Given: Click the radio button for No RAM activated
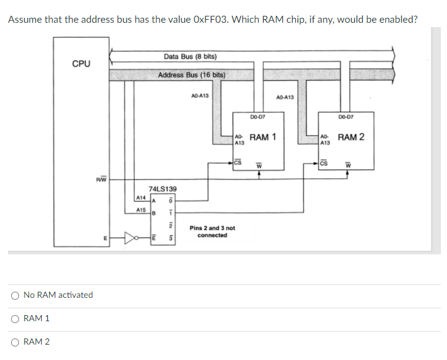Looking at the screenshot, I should [x=14, y=295].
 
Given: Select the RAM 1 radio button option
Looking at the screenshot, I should [x=14, y=319].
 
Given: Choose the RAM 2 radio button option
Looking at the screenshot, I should [x=14, y=342].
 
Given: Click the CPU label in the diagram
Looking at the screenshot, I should [x=81, y=63].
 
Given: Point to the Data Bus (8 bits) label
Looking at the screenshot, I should [x=190, y=57].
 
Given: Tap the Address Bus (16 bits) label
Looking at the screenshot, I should [x=191, y=75].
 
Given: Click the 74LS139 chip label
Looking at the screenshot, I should [x=163, y=188].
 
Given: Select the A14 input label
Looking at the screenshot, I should [x=140, y=198].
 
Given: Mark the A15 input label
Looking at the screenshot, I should [x=140, y=210].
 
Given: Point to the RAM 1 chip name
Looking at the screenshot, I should [x=263, y=137].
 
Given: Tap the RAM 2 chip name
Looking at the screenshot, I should [x=350, y=137].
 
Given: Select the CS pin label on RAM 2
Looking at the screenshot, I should [x=325, y=163].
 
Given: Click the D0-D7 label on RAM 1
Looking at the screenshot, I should [x=258, y=116].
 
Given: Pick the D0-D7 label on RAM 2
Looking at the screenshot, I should [x=346, y=116].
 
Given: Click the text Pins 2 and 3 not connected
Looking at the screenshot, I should [x=212, y=231].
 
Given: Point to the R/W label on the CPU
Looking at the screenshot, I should [x=101, y=180].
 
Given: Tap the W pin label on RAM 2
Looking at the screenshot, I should [x=347, y=164].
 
